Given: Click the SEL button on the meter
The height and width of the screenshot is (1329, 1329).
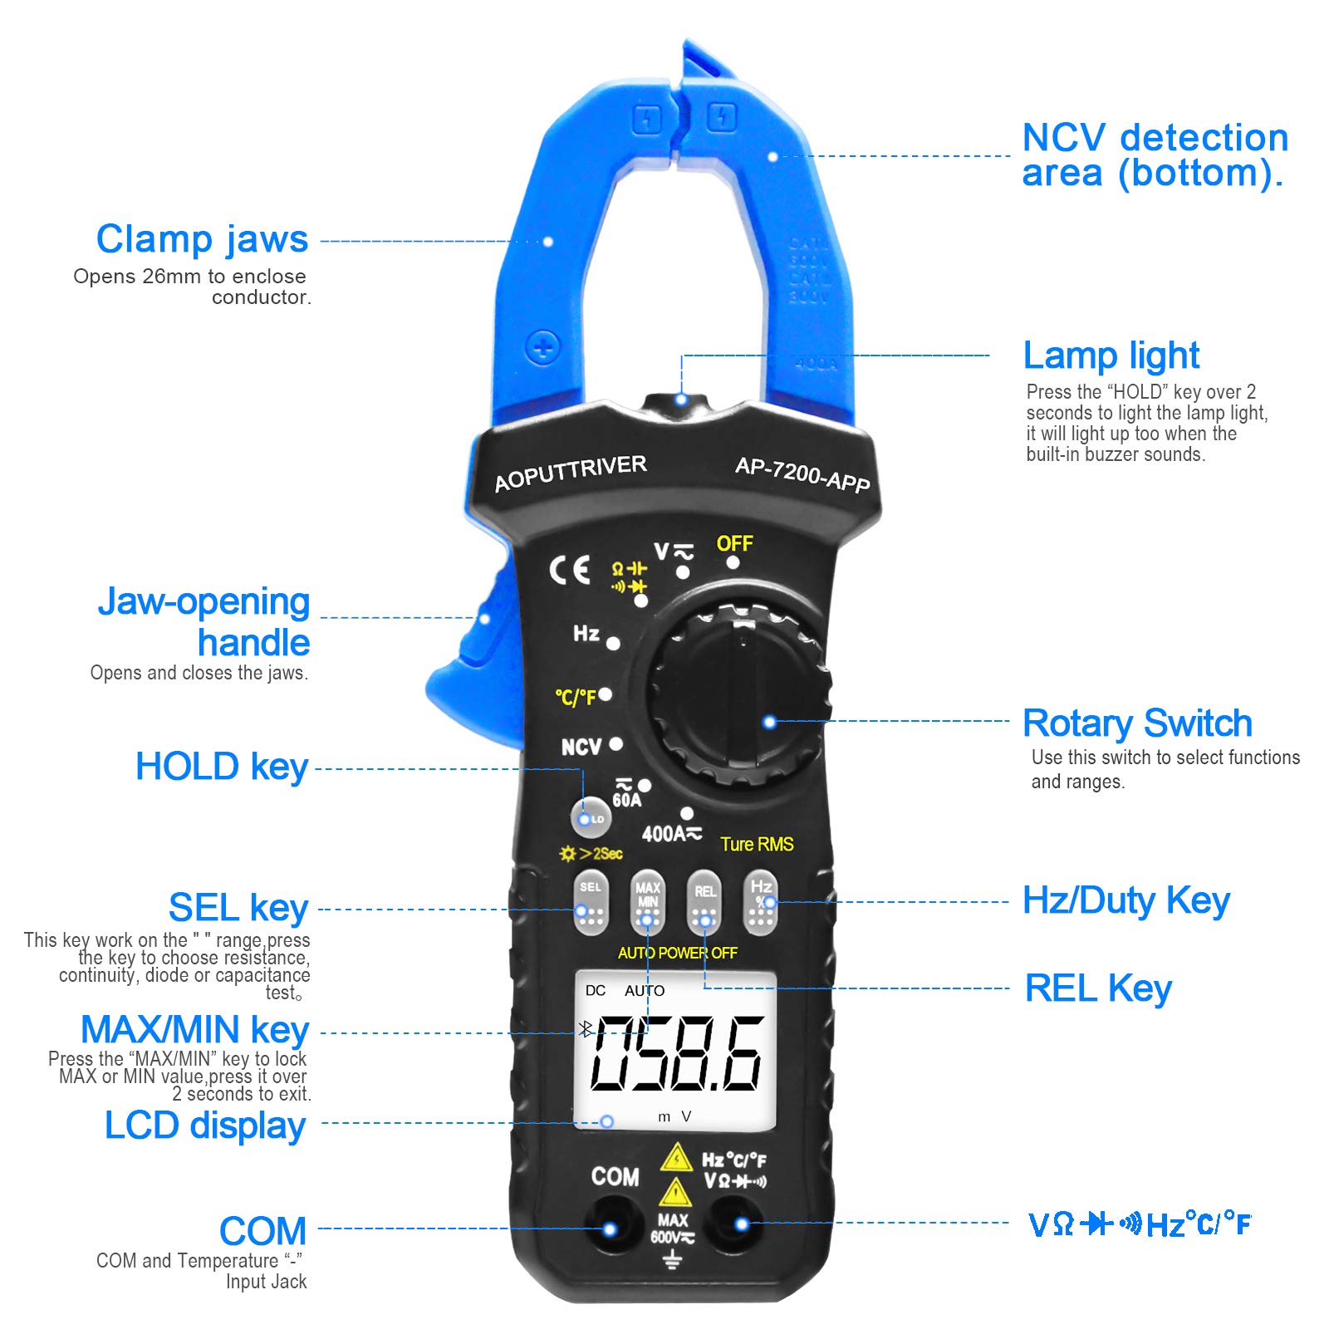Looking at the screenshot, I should coord(591,904).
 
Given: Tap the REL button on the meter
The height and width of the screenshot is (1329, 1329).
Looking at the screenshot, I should coord(704,904).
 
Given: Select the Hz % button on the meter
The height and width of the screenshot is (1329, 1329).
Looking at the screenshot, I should coord(761,902).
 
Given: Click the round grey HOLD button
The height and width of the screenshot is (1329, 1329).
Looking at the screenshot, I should coord(591,818).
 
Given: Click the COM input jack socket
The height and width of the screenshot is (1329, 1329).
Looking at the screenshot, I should coord(611,1228).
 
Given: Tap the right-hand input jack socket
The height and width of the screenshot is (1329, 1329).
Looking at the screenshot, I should coord(740,1224).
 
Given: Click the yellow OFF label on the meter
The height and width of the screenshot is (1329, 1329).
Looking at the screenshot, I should coord(734,544).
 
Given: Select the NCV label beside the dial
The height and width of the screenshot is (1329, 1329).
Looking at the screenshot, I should coord(581,748).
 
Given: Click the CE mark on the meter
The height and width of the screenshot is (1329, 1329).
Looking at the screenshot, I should coord(570,570).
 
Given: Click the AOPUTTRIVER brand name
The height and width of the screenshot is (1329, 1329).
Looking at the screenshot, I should coord(570,473).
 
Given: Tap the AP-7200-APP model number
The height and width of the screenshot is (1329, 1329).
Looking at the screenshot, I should coord(802,474).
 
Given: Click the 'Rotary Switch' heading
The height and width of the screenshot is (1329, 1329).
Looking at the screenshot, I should coord(1137,723).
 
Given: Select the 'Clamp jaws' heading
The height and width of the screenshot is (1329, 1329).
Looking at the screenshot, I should coord(202,239).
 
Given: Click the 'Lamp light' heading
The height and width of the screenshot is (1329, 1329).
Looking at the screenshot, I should coord(1111,356).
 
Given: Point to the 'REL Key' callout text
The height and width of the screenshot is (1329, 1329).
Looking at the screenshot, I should coord(1098,988).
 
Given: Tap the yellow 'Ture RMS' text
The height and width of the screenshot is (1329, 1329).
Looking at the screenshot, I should coord(757,845).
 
